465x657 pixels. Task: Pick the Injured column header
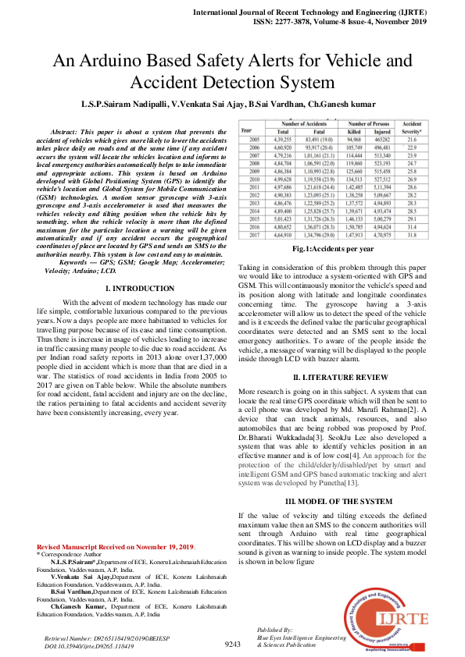pyautogui.click(x=383, y=132)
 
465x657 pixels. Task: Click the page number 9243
pyautogui.click(x=232, y=644)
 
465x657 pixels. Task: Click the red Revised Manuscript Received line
pyautogui.click(x=116, y=546)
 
